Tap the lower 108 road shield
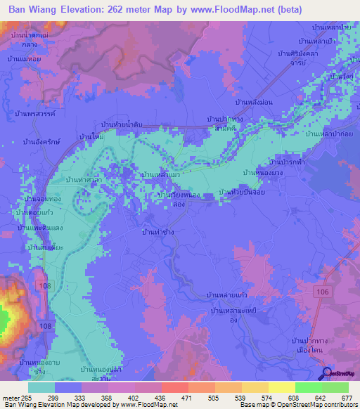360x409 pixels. (x=46, y=327)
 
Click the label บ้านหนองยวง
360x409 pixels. (x=262, y=172)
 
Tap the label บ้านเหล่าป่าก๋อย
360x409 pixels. (x=333, y=134)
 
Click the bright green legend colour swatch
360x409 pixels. (x=308, y=387)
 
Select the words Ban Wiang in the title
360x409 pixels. (x=34, y=10)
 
